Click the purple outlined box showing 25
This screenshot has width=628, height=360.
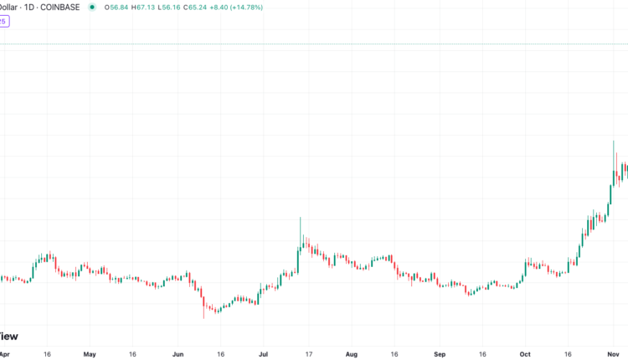[x=4, y=22]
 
